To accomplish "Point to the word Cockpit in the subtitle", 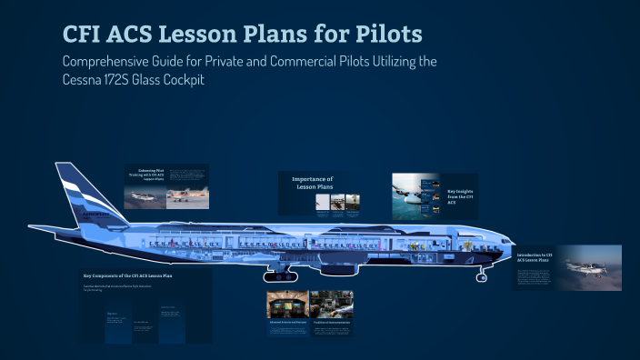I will coord(233,80).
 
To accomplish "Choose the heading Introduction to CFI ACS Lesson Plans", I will coord(536,256).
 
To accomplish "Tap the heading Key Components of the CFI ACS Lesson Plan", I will coord(127,275).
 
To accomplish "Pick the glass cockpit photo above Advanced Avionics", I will coord(286,304).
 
